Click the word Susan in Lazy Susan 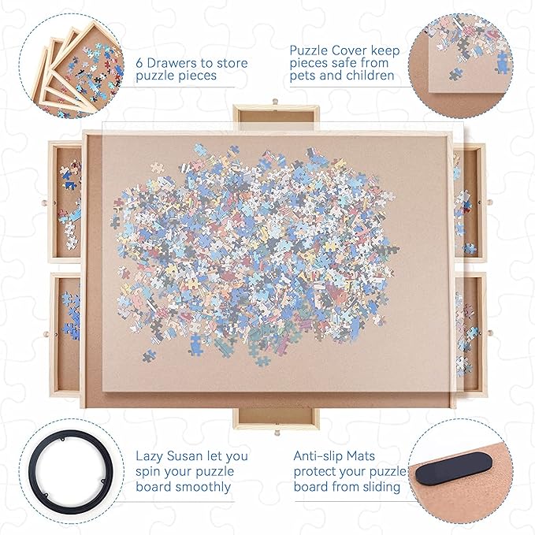click(199, 455)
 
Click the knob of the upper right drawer click(490, 202)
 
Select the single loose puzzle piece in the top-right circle click(456, 74)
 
